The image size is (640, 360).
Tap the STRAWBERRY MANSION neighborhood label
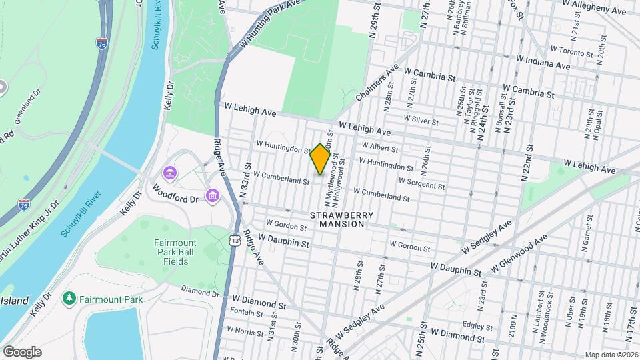337,219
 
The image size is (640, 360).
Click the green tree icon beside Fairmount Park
67,299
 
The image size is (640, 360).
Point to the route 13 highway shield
235,244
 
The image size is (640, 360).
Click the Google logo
21,351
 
